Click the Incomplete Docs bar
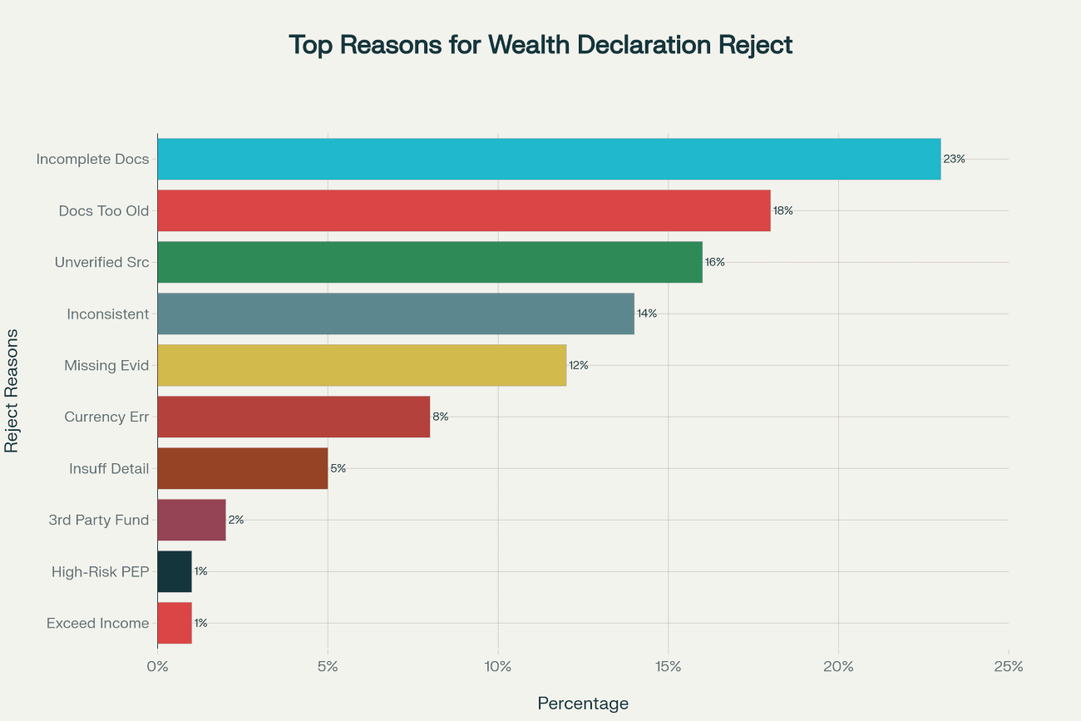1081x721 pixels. tap(549, 159)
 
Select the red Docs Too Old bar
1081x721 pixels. tap(464, 210)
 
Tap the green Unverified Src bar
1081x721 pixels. tap(430, 262)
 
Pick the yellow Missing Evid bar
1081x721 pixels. tap(362, 365)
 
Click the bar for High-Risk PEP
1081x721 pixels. tap(175, 571)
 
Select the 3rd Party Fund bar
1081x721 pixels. tap(191, 520)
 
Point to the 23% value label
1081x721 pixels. tap(954, 159)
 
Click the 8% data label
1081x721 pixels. tap(441, 417)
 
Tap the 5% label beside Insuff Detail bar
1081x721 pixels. tap(338, 468)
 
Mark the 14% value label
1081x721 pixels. tap(647, 314)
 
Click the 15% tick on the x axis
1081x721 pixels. tap(669, 666)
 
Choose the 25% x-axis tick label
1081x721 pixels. tap(1009, 666)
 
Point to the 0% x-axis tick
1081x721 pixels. tap(157, 666)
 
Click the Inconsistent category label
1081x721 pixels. tap(108, 314)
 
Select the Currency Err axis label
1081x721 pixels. tap(106, 417)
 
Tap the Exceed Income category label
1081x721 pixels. tap(98, 624)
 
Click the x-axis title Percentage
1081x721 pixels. tap(583, 704)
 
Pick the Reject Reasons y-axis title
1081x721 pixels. tap(12, 390)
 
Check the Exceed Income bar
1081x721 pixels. tap(175, 623)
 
